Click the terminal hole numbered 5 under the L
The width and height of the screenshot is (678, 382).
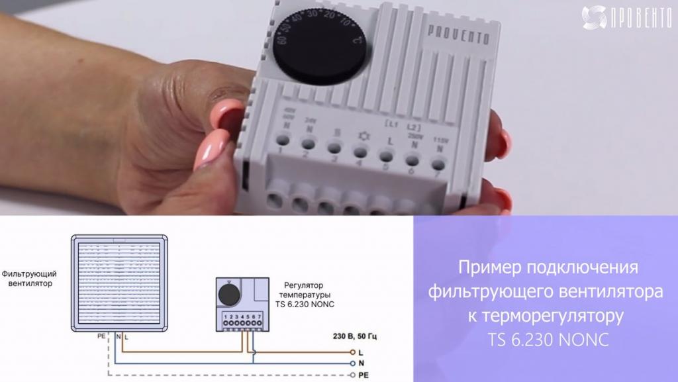pyautogui.click(x=385, y=155)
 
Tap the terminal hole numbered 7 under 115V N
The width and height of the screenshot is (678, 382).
pyautogui.click(x=438, y=164)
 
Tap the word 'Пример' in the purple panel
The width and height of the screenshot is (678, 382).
pyautogui.click(x=488, y=268)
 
